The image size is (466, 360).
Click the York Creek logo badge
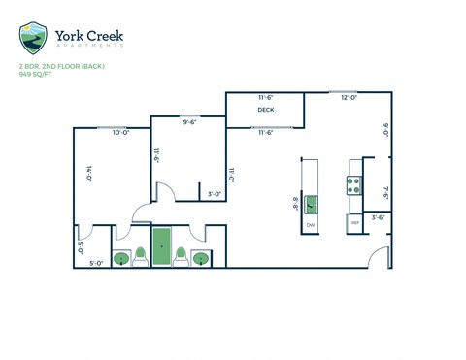point(33,38)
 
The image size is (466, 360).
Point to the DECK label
point(265,110)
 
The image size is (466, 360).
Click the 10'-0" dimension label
point(121,132)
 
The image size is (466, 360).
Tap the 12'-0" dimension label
point(349,98)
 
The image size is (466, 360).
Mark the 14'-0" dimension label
point(88,175)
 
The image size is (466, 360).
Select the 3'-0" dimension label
point(215,194)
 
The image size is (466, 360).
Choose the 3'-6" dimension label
point(378,217)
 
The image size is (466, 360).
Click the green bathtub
point(161,246)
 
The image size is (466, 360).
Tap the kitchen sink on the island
point(311,204)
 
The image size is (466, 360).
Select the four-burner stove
point(353,184)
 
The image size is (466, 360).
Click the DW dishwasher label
point(311,225)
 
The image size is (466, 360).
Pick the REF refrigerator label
point(354,223)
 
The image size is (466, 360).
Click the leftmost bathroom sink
point(122,258)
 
